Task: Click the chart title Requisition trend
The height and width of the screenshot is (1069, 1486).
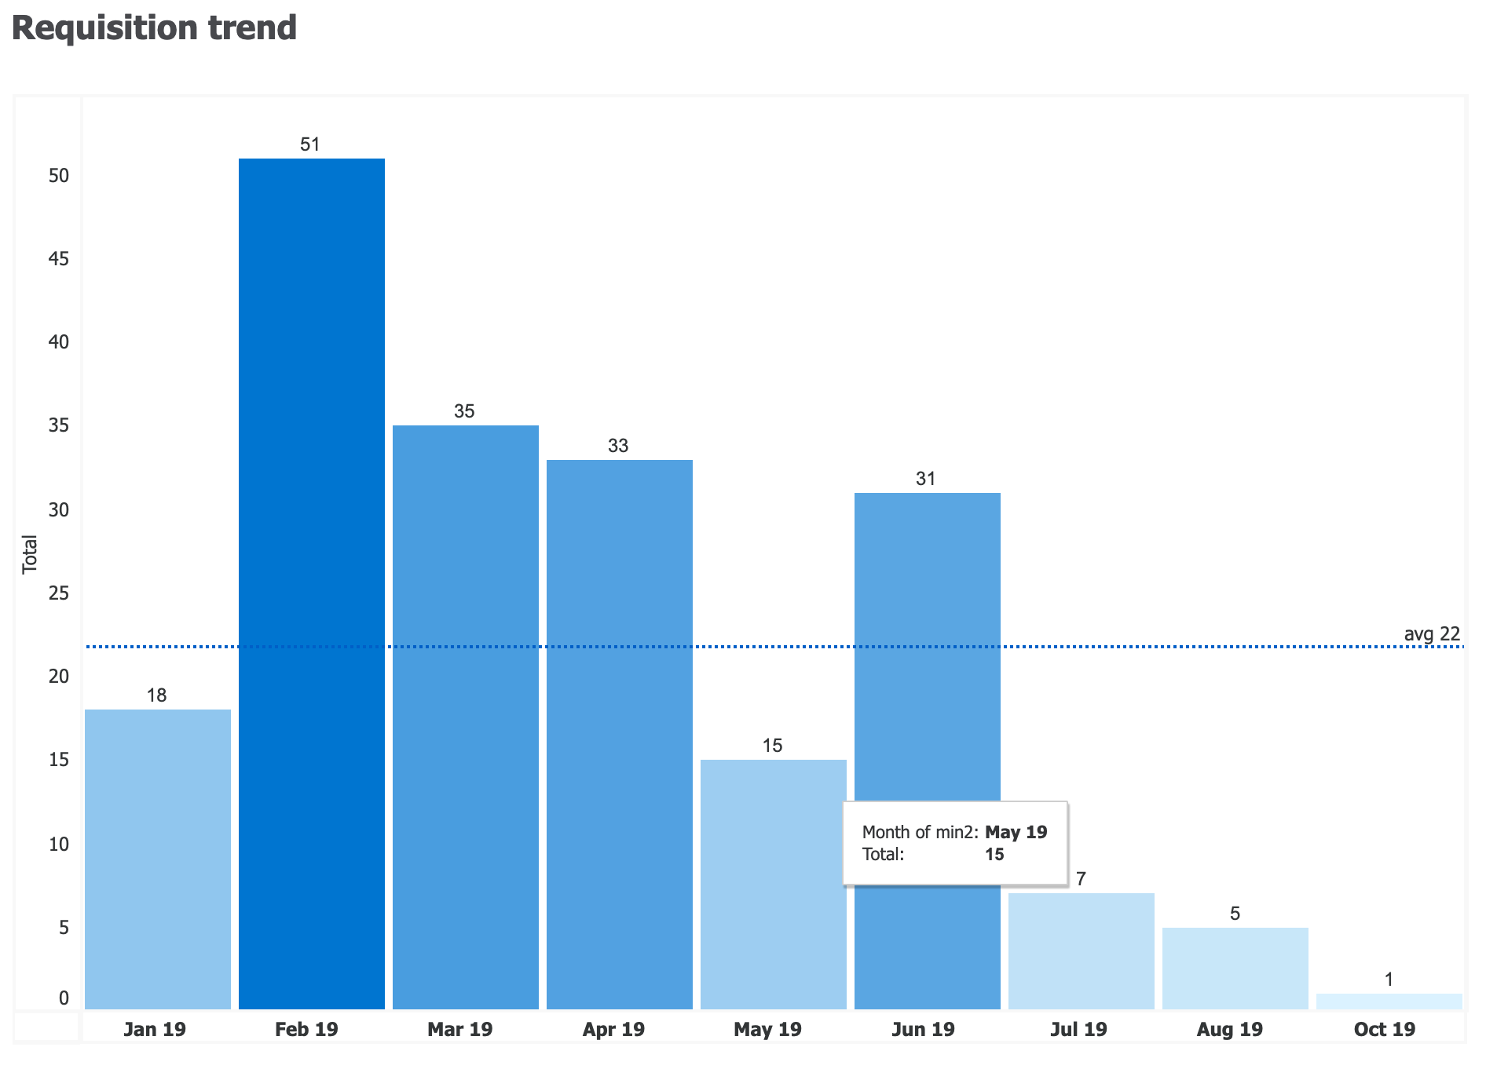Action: point(154,28)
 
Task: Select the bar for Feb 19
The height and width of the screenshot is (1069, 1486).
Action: point(312,583)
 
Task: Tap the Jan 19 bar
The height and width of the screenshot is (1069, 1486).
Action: point(158,859)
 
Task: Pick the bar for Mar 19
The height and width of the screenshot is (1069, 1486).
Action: point(466,717)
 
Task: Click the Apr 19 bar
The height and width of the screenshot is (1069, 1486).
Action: point(620,734)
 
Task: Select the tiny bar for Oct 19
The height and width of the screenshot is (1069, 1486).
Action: point(1389,1002)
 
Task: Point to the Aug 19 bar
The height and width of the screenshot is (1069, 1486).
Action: point(1235,968)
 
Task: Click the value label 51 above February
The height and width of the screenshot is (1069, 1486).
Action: point(310,144)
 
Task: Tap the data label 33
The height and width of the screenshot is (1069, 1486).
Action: point(618,447)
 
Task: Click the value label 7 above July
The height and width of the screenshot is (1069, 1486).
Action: point(1081,879)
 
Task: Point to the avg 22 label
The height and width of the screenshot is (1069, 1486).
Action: point(1431,634)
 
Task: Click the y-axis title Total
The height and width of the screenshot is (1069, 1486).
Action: point(30,554)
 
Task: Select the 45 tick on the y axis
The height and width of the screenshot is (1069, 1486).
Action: point(59,259)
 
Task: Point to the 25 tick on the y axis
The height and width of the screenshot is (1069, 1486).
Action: point(59,593)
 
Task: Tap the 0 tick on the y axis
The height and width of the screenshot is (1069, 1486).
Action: point(64,998)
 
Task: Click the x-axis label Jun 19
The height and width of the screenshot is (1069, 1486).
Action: point(923,1029)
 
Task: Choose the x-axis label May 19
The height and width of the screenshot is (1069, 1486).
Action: point(767,1029)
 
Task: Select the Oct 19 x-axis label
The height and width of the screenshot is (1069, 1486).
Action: point(1384,1029)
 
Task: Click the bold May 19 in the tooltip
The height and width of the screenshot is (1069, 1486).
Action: point(1016,832)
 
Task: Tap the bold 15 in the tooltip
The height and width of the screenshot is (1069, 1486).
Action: point(994,854)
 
